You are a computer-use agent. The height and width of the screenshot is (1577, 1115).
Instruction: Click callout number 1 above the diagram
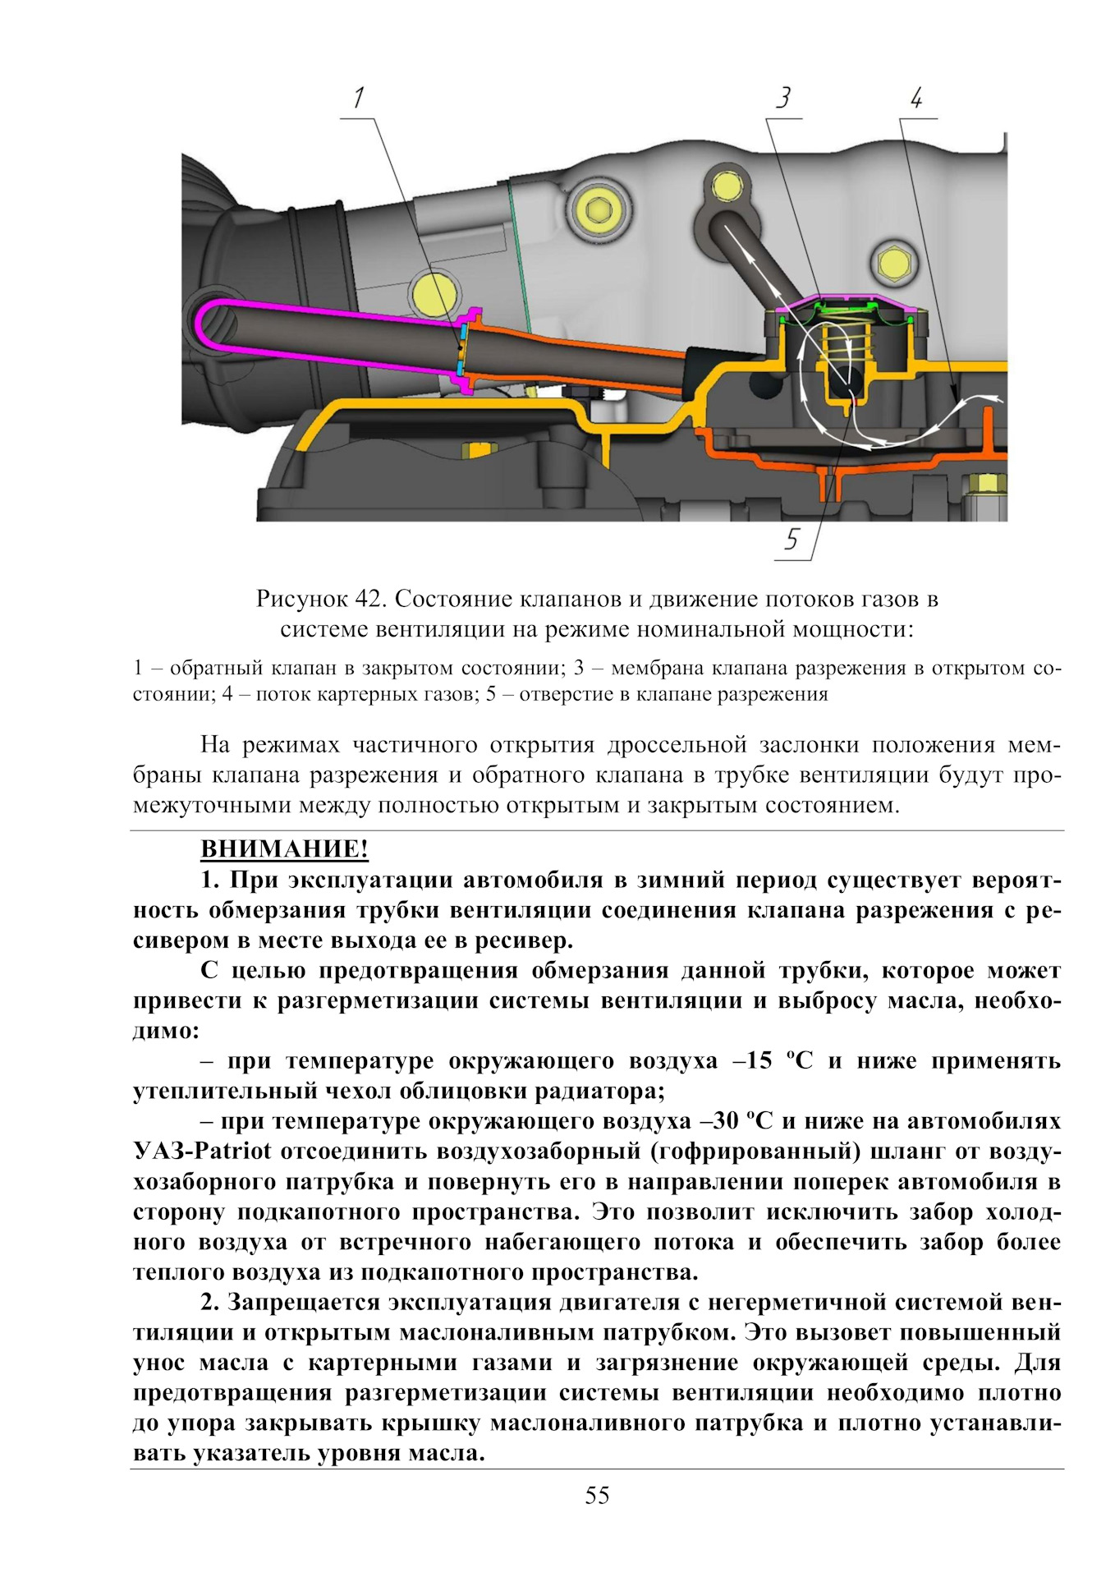(358, 99)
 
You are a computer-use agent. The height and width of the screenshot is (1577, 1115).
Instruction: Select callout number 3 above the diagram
(783, 98)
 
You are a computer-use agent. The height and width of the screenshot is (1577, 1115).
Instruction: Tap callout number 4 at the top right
(916, 99)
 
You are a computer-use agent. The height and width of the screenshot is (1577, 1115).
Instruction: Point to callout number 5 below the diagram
(791, 540)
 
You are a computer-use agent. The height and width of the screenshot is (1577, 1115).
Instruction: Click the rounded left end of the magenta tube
(202, 325)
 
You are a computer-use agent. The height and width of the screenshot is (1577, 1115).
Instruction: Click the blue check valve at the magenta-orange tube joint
(462, 349)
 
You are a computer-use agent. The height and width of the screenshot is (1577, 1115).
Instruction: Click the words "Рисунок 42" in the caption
(321, 599)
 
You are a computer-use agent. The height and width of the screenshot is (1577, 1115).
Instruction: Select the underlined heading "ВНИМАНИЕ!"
(284, 848)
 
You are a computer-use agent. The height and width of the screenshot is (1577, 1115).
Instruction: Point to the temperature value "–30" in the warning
(718, 1121)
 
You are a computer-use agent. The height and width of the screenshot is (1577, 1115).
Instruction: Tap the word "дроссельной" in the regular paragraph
(677, 745)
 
